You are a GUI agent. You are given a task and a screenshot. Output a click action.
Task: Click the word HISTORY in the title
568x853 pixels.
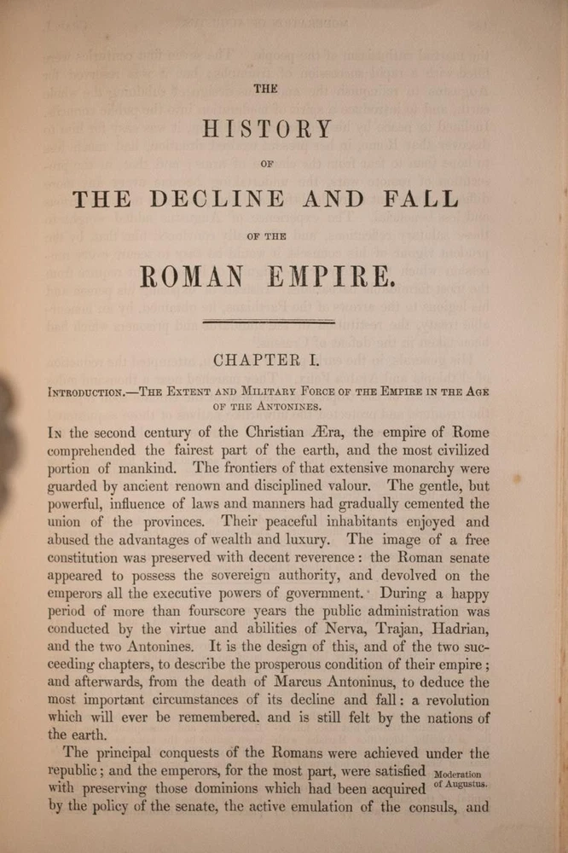click(x=267, y=130)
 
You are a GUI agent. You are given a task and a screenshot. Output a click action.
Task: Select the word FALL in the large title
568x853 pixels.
click(x=422, y=200)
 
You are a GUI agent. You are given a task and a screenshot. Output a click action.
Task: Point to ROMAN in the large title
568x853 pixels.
click(x=198, y=276)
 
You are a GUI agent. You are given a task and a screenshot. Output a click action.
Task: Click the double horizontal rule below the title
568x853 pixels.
click(x=268, y=322)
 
